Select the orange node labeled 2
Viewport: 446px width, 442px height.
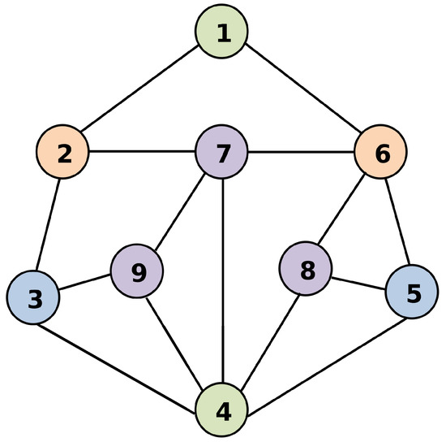[62, 152]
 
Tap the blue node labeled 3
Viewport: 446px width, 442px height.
[33, 298]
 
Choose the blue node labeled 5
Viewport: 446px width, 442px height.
[412, 292]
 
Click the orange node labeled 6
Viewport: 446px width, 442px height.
[381, 152]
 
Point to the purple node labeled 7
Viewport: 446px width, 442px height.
[222, 152]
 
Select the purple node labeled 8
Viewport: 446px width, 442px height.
[306, 270]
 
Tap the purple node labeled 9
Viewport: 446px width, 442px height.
[137, 272]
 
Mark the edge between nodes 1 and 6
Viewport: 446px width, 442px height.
[302, 92]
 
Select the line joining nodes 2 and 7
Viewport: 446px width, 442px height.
[142, 152]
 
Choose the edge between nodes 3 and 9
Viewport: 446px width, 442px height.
[85, 285]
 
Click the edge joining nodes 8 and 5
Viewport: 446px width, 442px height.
[358, 281]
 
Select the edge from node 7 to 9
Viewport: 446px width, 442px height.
[180, 212]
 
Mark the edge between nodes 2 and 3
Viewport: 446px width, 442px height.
[48, 225]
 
